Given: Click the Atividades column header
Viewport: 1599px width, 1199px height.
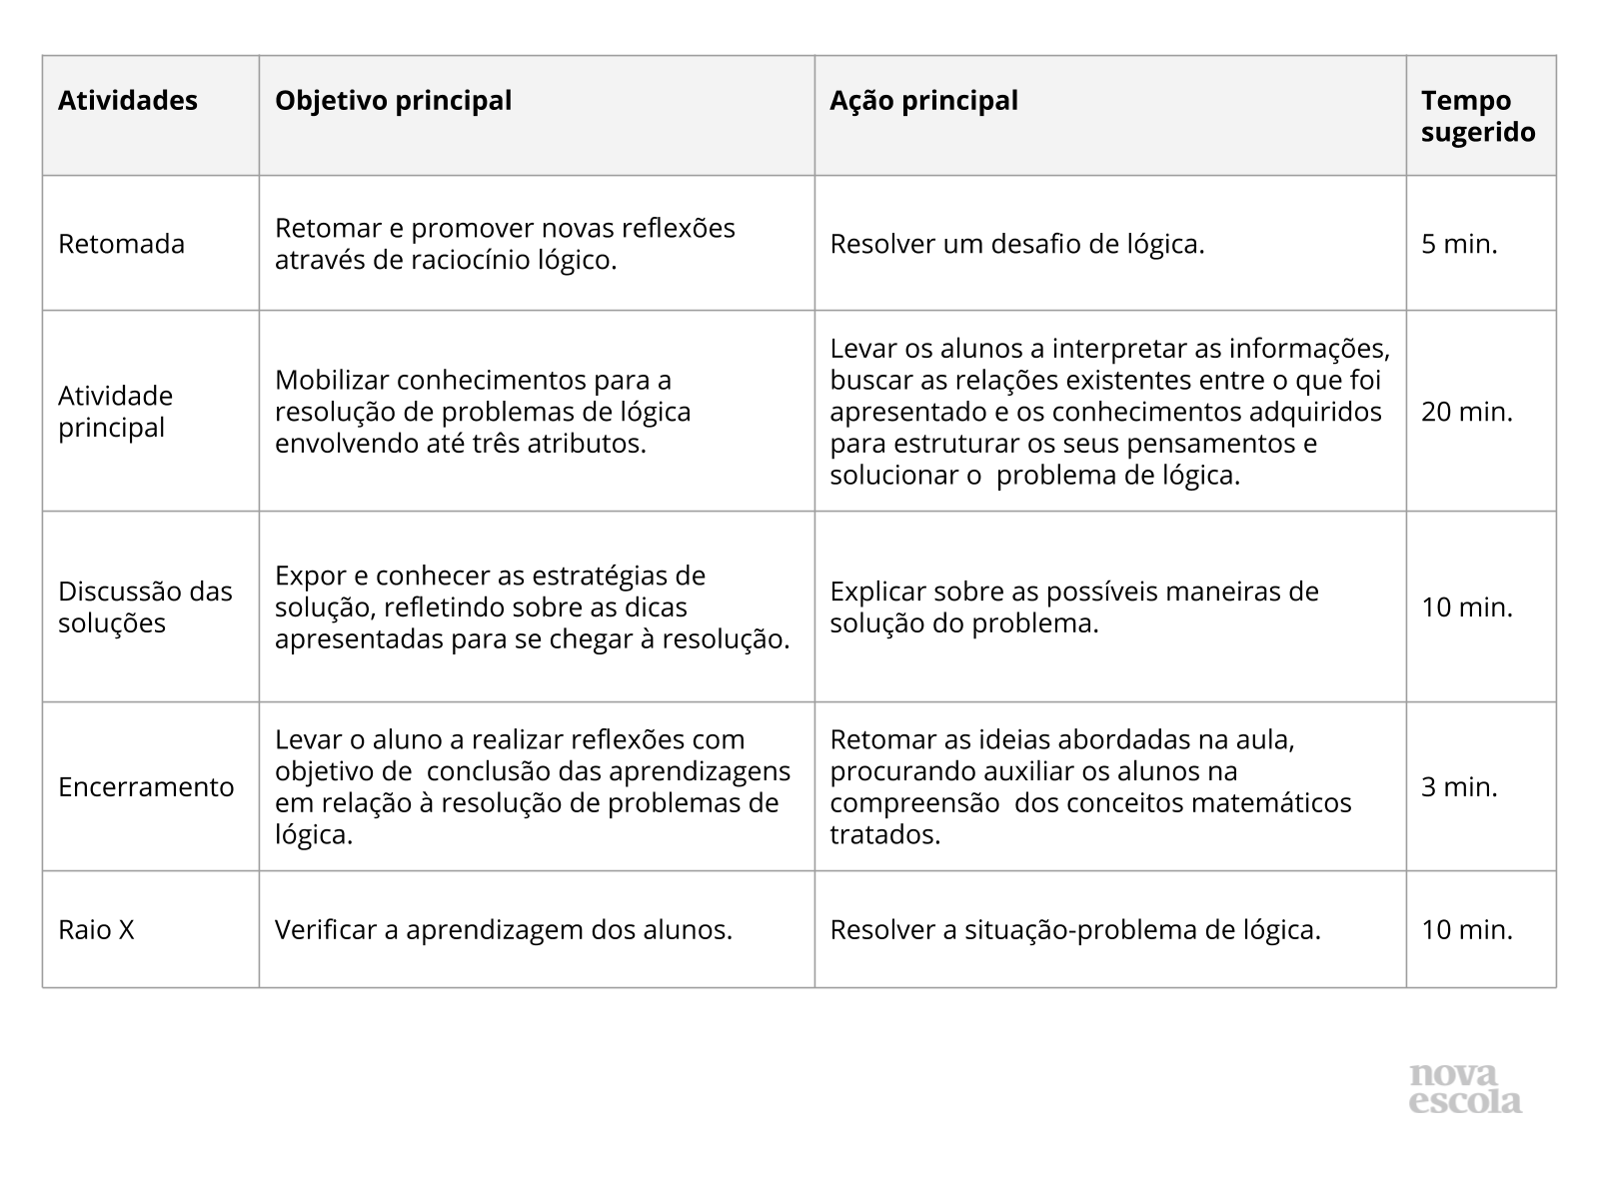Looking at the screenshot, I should pos(128,101).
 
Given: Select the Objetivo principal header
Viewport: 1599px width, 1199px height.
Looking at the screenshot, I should pos(393,101).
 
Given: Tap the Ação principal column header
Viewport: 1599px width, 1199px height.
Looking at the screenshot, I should pos(923,101).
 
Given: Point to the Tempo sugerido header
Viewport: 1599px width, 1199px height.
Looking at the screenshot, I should pos(1478,117).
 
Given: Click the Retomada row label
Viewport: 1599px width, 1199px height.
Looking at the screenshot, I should pos(121,244).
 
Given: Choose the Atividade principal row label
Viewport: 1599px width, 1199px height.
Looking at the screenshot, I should pos(115,412).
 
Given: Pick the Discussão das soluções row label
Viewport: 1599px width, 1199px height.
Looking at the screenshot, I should pos(145,607).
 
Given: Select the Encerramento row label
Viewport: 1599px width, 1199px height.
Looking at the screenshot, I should pos(146,787).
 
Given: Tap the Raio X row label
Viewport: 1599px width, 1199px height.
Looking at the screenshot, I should pos(96,930).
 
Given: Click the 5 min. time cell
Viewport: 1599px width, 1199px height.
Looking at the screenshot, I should pos(1459,244).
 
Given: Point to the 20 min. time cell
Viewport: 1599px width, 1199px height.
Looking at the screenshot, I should pos(1467,412).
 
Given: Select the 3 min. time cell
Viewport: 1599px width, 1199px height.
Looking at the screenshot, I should pos(1459,787).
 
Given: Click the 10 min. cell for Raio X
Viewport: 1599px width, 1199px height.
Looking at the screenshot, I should pos(1467,930).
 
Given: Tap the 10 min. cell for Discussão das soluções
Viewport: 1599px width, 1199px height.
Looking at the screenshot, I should pos(1467,607).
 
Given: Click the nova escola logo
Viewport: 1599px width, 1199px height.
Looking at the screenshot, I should pos(1465,1089).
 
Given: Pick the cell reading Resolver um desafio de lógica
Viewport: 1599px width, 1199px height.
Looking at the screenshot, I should pos(1016,244).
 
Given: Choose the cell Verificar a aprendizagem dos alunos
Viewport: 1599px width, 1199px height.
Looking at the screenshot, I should pos(504,930).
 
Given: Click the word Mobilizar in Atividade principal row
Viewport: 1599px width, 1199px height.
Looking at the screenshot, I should pos(332,381).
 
